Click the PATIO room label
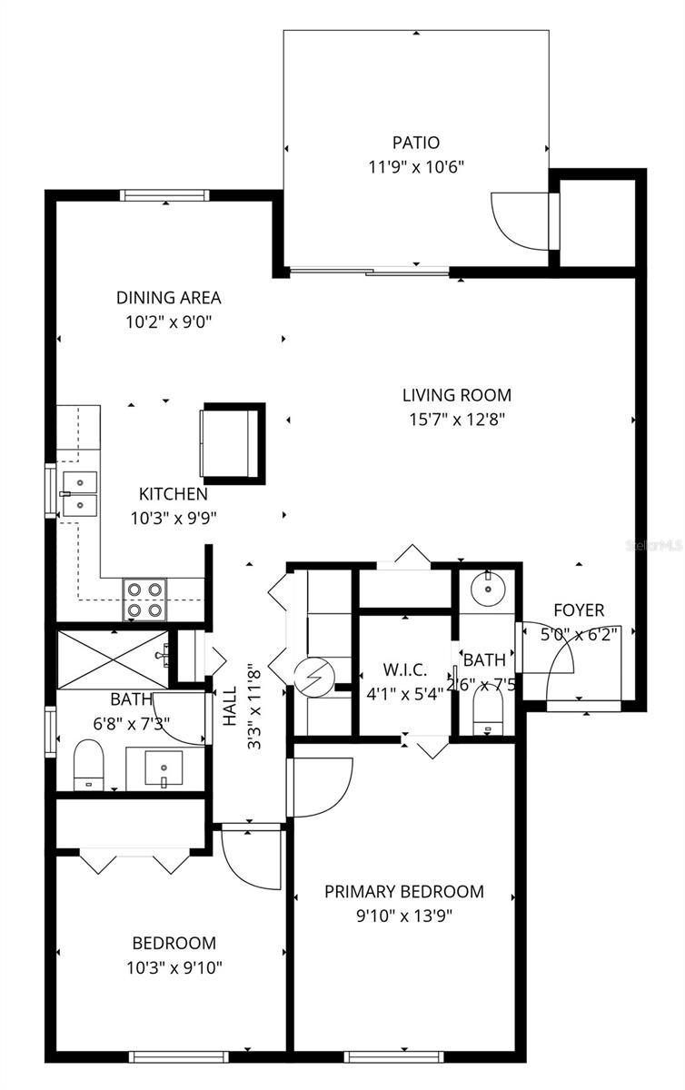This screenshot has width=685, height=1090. point(416,143)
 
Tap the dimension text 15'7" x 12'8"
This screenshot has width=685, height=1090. point(457,419)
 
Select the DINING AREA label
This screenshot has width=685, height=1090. point(168,297)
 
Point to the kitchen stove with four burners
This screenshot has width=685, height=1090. point(145,599)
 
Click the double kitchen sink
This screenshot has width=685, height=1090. point(79,493)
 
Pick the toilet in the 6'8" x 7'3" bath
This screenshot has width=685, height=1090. point(88,763)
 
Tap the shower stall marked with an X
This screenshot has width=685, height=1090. point(113,657)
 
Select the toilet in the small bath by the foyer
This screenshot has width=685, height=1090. point(488,713)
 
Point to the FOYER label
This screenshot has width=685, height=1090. point(578,610)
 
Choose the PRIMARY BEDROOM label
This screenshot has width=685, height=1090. point(404,891)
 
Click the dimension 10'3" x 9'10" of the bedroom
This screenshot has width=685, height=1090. point(174,967)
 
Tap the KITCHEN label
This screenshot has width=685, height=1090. point(173,494)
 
